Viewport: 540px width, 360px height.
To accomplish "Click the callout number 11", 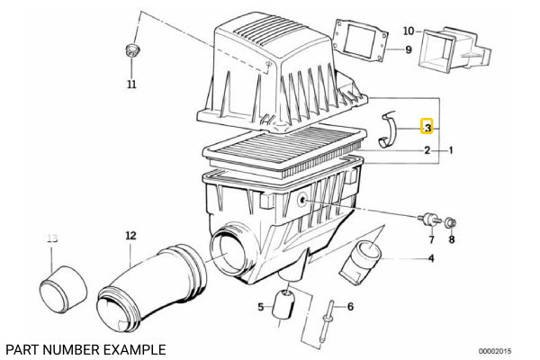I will [131, 85].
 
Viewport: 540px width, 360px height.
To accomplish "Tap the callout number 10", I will [409, 31].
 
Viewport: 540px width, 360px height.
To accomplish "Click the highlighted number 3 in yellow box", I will [428, 129].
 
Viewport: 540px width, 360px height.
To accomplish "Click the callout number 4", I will [430, 259].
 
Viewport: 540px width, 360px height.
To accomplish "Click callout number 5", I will [260, 307].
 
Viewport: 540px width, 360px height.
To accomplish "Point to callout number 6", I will [350, 307].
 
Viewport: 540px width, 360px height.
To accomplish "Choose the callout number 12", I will [130, 236].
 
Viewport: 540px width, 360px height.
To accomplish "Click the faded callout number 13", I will [51, 238].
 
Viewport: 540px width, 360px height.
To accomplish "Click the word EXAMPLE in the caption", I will [133, 348].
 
